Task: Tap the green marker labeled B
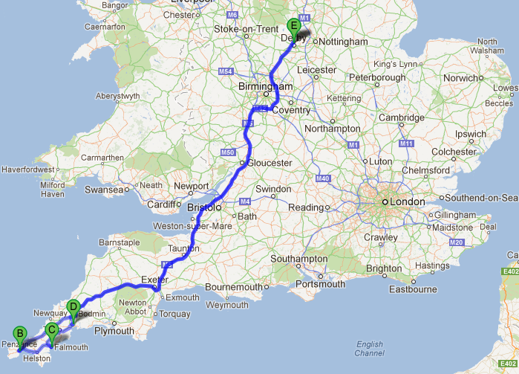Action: point(20,334)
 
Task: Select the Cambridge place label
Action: point(402,117)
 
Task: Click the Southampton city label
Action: point(300,259)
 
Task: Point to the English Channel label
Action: point(369,348)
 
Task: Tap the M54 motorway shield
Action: point(227,71)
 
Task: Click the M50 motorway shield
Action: point(228,152)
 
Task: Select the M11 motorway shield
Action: point(405,143)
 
